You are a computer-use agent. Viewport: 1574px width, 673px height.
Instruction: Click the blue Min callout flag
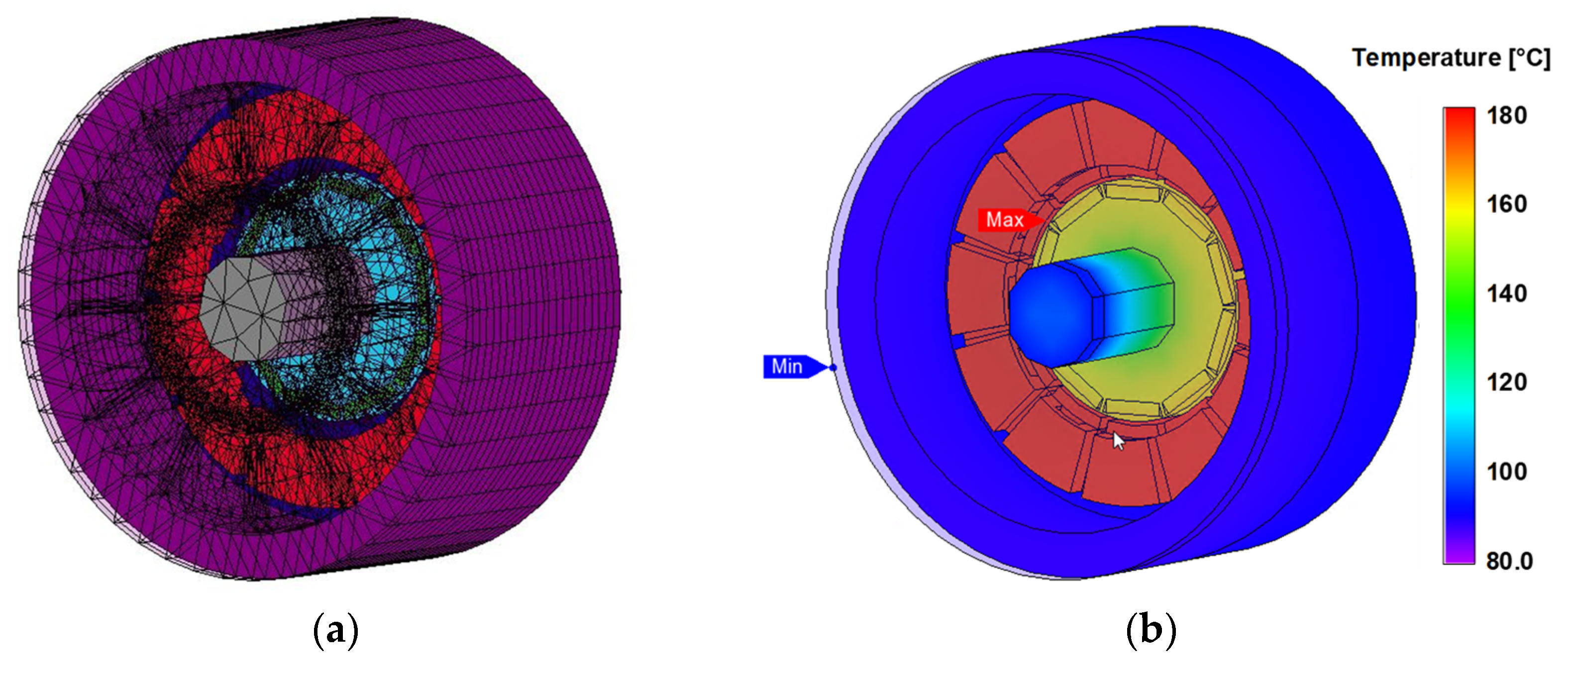point(794,367)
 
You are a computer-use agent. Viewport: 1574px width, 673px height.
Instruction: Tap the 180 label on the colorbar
point(1507,115)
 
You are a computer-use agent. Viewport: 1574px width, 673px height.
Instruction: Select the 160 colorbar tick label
point(1507,204)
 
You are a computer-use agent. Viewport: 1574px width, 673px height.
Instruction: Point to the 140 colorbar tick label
point(1507,294)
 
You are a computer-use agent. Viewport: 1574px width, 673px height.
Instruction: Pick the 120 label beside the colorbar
point(1507,383)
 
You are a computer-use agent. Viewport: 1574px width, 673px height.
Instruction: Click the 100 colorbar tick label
point(1507,472)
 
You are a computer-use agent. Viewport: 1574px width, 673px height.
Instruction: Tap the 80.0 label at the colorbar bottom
point(1509,561)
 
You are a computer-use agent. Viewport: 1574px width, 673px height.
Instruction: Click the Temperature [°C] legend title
point(1451,58)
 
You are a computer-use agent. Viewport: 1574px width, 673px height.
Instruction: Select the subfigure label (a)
point(335,630)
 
